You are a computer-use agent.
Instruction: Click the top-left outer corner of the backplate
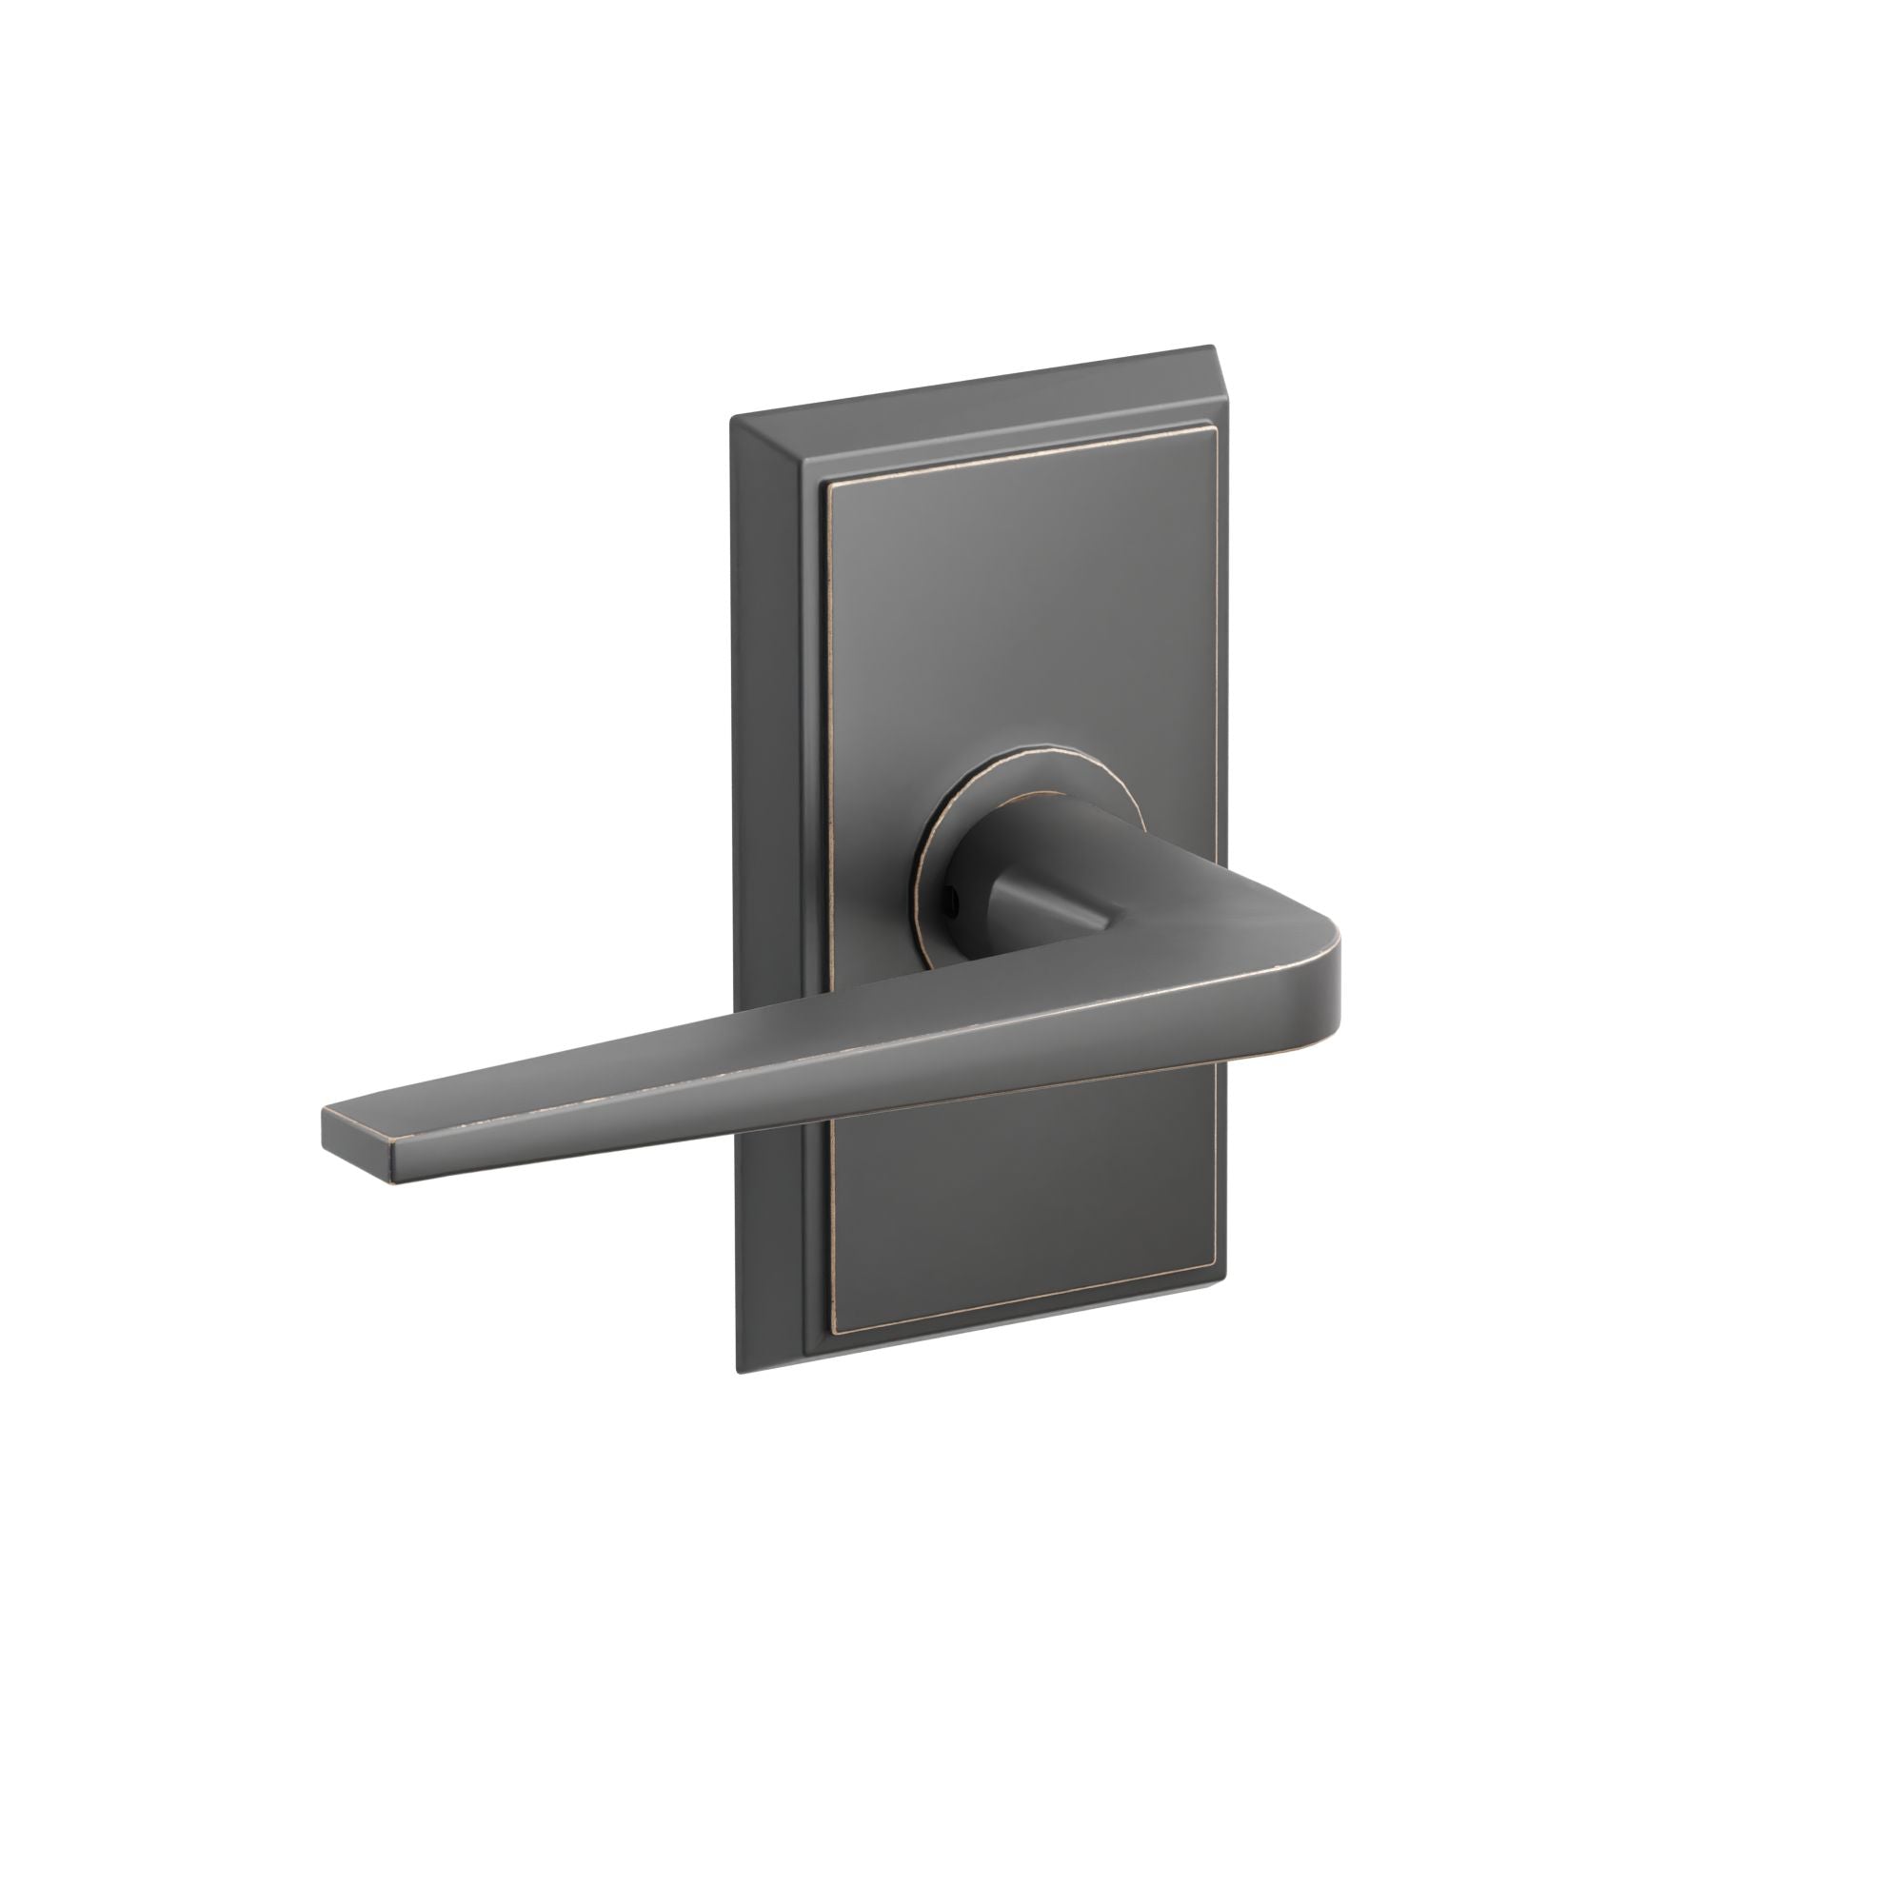click(x=731, y=420)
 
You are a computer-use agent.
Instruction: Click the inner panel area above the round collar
click(x=1015, y=611)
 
